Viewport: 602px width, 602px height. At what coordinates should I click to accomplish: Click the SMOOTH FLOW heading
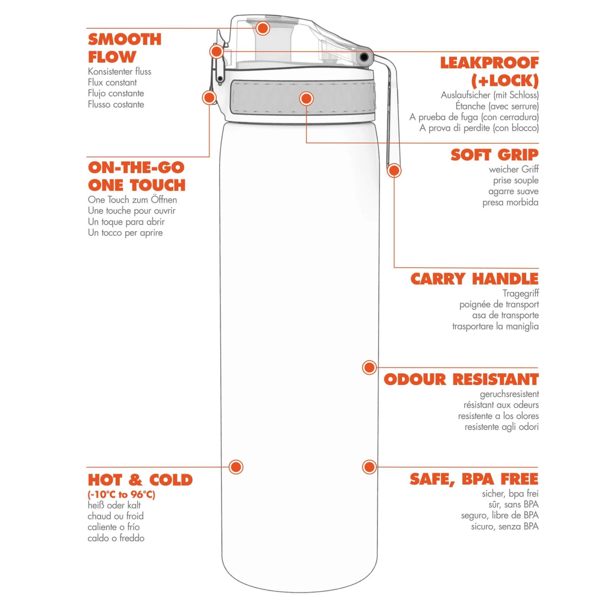tap(124, 48)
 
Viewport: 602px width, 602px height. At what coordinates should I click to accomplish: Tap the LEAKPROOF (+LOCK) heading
tap(490, 71)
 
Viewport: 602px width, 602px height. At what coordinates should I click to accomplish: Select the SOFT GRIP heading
tap(494, 155)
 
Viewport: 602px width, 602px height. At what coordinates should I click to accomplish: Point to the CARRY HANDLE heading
tap(474, 279)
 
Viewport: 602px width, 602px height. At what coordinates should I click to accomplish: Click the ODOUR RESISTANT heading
tap(461, 379)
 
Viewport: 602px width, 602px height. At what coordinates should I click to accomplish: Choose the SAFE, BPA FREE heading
tap(474, 479)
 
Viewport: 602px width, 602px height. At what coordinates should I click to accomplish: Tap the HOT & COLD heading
tap(140, 480)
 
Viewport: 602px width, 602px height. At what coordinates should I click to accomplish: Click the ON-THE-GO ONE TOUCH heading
tap(136, 177)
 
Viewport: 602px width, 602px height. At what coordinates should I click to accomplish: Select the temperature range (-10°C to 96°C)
tap(121, 494)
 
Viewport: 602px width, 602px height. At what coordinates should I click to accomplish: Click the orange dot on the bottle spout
tap(263, 28)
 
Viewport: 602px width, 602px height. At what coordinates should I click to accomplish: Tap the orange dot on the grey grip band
tap(306, 98)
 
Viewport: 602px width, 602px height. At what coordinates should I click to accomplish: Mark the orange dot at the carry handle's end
tap(394, 171)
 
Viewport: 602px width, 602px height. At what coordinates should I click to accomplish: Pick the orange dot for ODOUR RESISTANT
tap(369, 367)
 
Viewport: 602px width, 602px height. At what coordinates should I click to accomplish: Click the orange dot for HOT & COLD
tap(236, 467)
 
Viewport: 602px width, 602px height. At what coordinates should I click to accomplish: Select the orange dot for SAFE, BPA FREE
tap(369, 467)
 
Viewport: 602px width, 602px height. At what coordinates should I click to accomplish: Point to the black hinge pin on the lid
tap(364, 57)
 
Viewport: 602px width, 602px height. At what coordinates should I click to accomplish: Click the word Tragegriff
tap(521, 293)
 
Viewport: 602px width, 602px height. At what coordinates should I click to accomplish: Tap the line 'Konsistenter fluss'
tap(120, 71)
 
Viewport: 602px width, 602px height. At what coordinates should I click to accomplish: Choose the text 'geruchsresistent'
tap(509, 394)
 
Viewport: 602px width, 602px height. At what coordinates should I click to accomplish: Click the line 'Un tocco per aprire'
tap(125, 233)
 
